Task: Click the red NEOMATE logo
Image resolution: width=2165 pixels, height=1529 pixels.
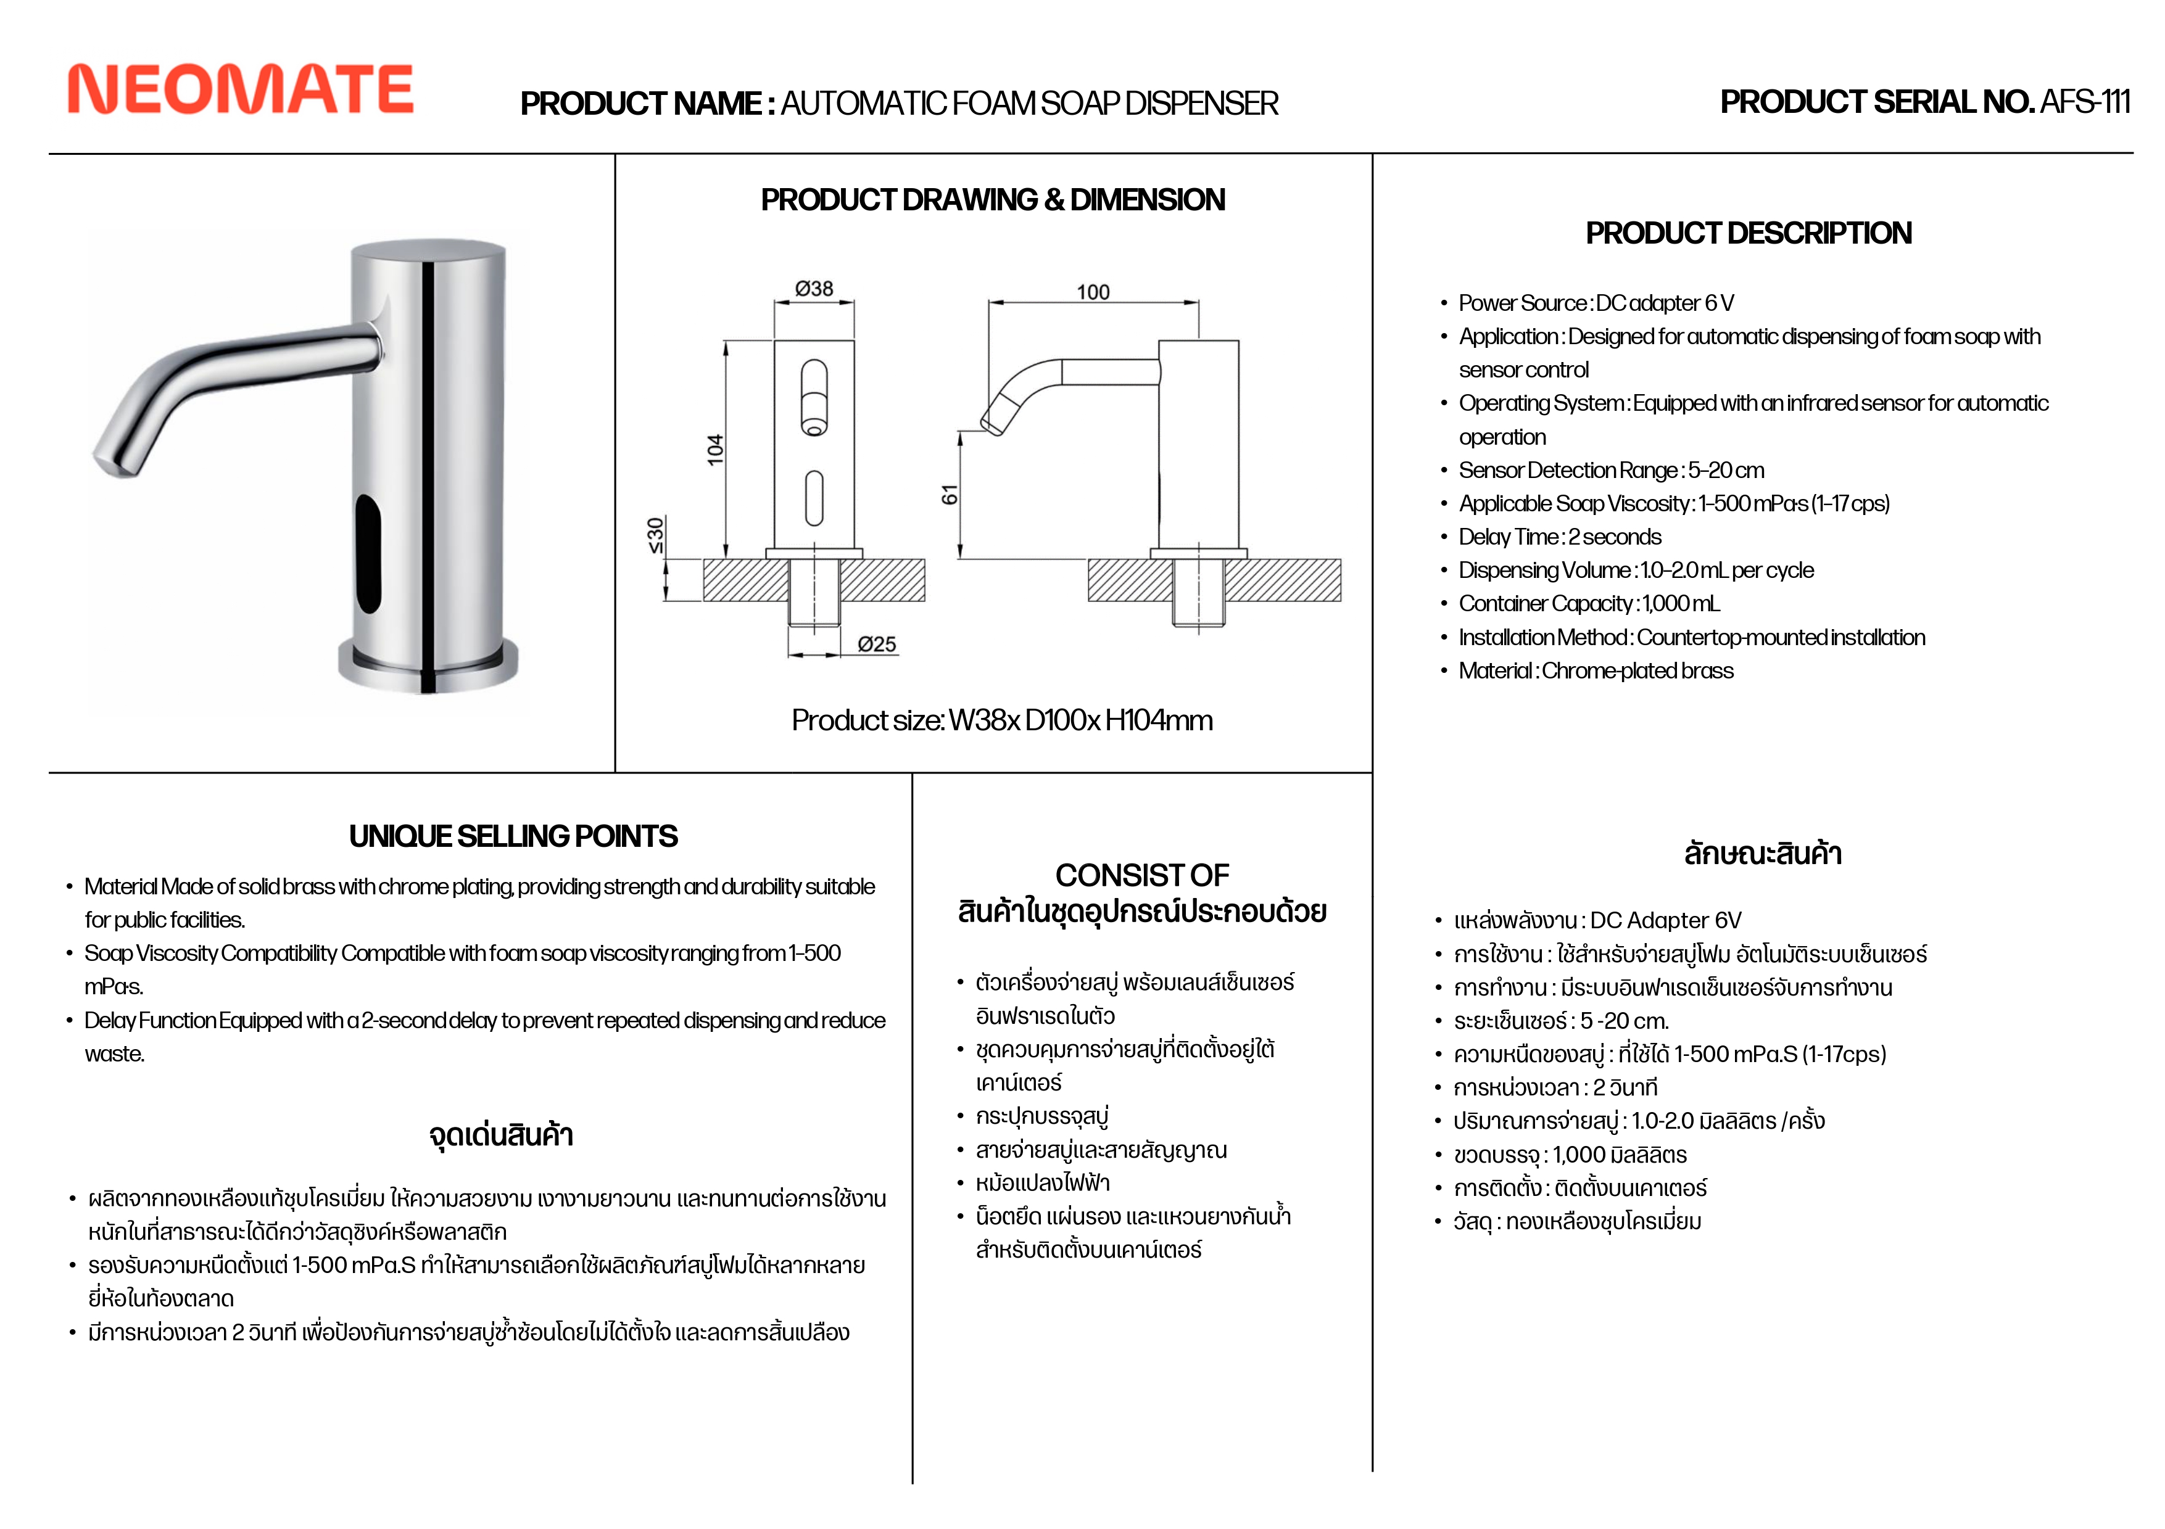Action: click(x=241, y=89)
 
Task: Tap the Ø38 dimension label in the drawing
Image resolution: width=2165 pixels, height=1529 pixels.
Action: click(x=814, y=289)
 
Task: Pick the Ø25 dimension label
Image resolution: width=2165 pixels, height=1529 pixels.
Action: click(x=877, y=644)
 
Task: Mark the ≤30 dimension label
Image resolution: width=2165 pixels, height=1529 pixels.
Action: click(x=655, y=535)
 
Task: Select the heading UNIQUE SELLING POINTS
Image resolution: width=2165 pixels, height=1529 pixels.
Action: click(x=513, y=836)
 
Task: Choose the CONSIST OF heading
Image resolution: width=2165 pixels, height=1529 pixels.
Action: click(x=1142, y=875)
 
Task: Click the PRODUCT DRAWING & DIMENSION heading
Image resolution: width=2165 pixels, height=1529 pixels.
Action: click(x=993, y=200)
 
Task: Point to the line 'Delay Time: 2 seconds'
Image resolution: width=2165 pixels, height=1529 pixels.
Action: click(x=1560, y=537)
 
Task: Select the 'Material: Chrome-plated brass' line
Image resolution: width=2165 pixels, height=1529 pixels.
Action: click(x=1596, y=670)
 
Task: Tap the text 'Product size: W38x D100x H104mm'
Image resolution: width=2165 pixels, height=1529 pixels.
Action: click(x=1001, y=720)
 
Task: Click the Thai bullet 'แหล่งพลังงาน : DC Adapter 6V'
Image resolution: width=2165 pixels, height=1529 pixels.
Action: click(x=1597, y=920)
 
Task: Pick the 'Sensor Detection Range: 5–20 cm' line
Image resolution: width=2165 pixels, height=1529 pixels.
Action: click(x=1610, y=471)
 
